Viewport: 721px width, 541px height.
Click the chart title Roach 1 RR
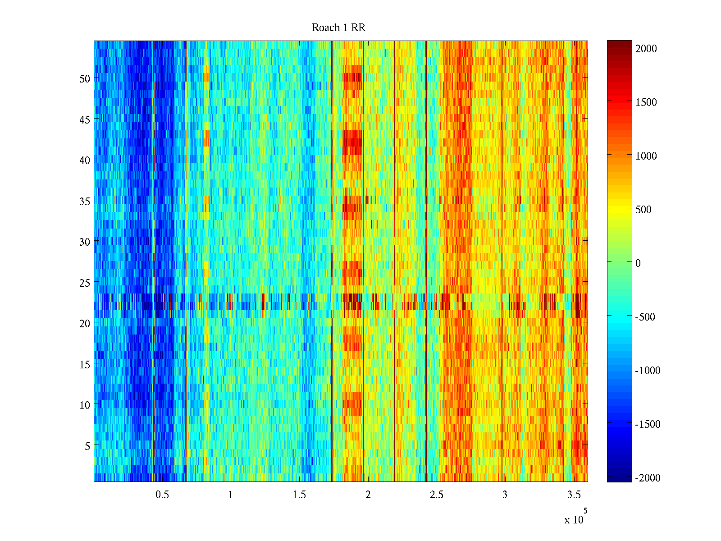pyautogui.click(x=338, y=28)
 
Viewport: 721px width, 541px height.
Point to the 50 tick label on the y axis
pyautogui.click(x=85, y=78)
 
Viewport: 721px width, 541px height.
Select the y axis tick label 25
pyautogui.click(x=85, y=283)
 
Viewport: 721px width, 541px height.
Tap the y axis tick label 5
pyautogui.click(x=87, y=446)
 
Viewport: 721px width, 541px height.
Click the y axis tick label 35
pyautogui.click(x=85, y=201)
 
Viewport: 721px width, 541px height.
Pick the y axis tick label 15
pyautogui.click(x=85, y=365)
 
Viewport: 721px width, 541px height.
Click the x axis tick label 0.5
pyautogui.click(x=162, y=495)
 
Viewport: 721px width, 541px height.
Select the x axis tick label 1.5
pyautogui.click(x=299, y=495)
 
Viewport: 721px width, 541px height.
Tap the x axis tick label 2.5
pyautogui.click(x=436, y=495)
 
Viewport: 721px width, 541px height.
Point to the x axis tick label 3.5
pyautogui.click(x=574, y=495)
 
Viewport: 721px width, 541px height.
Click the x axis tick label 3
pyautogui.click(x=505, y=495)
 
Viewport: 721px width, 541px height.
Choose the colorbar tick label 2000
pyautogui.click(x=646, y=49)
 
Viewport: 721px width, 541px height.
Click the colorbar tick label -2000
pyautogui.click(x=648, y=478)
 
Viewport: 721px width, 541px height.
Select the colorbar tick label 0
pyautogui.click(x=638, y=263)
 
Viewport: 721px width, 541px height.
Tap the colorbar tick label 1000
pyautogui.click(x=646, y=156)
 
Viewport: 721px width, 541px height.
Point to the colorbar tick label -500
pyautogui.click(x=645, y=317)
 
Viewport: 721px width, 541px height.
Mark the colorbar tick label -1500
pyautogui.click(x=648, y=424)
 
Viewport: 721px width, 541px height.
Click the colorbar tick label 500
pyautogui.click(x=643, y=210)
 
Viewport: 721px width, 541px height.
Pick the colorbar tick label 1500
pyautogui.click(x=646, y=102)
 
